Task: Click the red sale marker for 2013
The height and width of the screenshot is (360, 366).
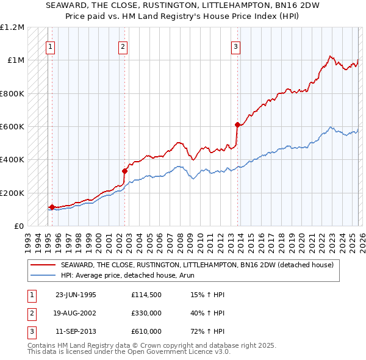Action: (237, 124)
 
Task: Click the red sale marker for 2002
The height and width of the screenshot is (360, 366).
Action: (124, 171)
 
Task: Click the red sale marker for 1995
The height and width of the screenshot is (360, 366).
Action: (52, 207)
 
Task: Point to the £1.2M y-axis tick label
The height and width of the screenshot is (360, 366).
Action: (12, 27)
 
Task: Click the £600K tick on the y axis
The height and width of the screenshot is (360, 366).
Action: (12, 127)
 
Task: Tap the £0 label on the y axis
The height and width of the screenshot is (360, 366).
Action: (19, 226)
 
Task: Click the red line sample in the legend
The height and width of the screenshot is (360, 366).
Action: (43, 265)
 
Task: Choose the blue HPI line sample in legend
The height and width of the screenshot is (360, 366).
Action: (43, 275)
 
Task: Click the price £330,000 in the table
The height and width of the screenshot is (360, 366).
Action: (146, 313)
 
